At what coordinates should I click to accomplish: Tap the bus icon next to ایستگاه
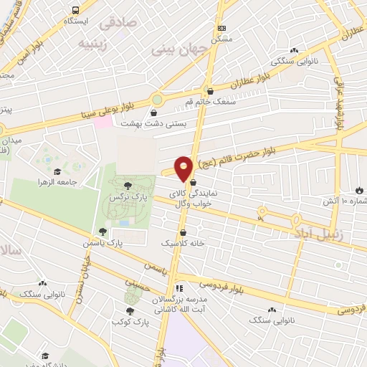click(x=75, y=11)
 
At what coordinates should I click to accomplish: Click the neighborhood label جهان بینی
click(x=178, y=49)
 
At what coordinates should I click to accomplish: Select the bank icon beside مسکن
click(x=222, y=27)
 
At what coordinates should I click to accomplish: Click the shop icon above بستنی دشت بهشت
click(x=155, y=112)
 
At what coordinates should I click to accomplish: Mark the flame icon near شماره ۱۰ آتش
click(x=359, y=191)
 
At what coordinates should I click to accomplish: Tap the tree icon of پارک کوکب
click(x=130, y=310)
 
